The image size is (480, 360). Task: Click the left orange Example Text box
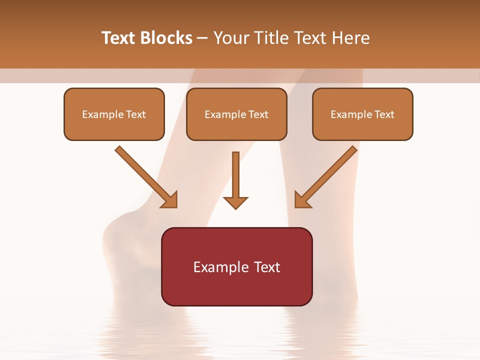(x=114, y=114)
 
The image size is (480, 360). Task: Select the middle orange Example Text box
(x=236, y=114)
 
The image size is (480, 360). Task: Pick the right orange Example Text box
(x=362, y=114)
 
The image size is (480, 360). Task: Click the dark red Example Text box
(x=236, y=266)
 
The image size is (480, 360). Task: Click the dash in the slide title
(x=202, y=38)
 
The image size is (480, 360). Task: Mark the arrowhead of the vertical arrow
(x=235, y=202)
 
